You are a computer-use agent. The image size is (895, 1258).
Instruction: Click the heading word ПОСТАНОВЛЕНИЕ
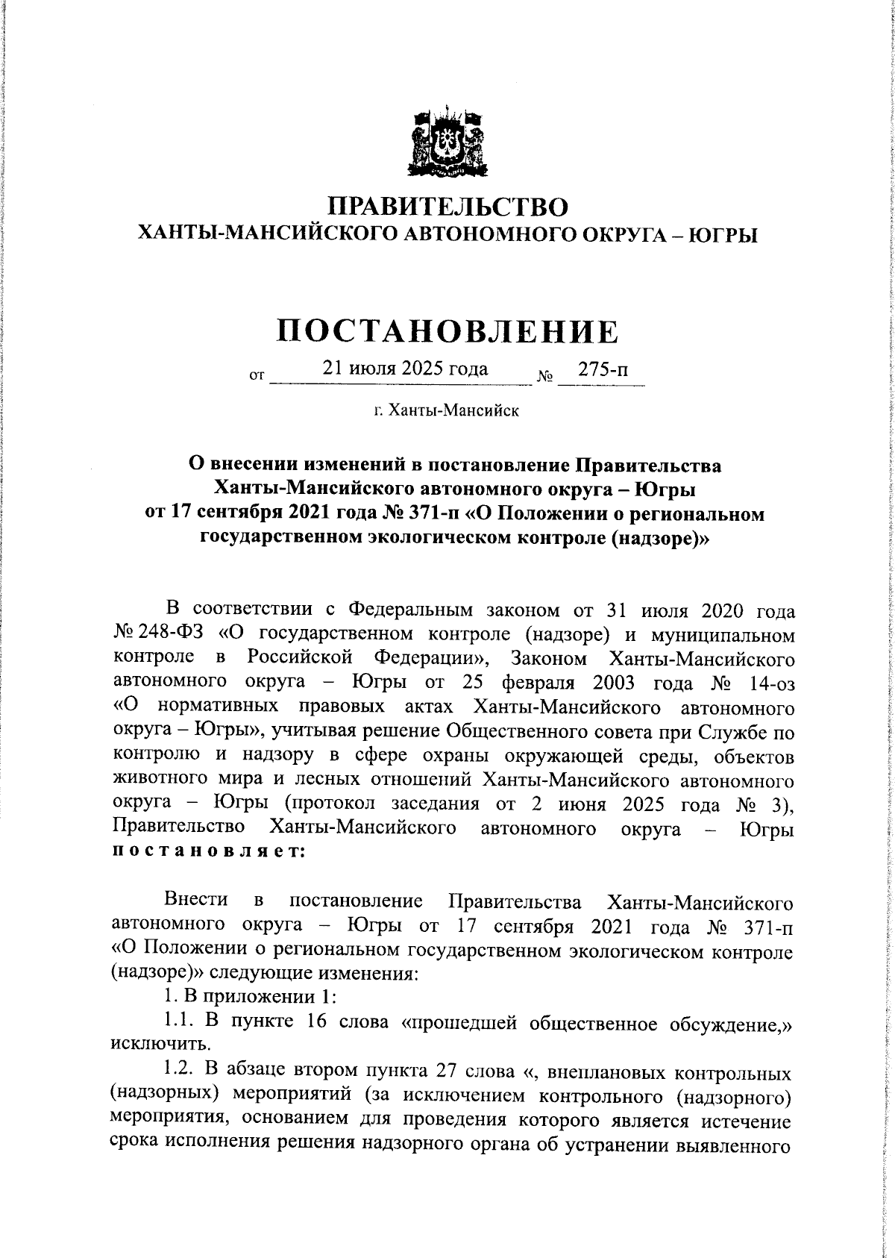pos(447,331)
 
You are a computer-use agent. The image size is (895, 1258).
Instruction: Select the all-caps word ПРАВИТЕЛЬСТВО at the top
pos(448,206)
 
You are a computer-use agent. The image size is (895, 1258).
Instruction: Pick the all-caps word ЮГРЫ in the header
pos(720,235)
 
